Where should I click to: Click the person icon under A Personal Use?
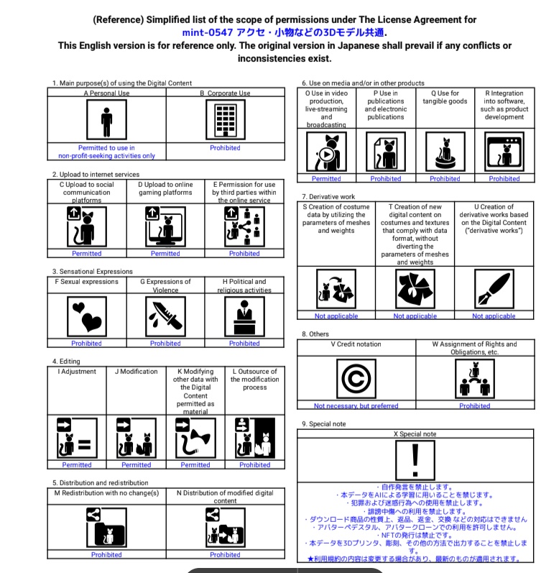point(106,119)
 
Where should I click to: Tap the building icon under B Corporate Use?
point(225,119)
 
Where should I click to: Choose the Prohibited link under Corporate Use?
point(225,148)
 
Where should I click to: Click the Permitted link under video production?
point(326,178)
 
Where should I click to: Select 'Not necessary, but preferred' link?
point(356,405)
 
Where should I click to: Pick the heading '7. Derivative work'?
point(328,196)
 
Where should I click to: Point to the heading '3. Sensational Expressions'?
point(92,271)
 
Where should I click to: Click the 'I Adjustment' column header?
point(77,372)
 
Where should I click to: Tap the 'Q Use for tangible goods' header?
point(445,97)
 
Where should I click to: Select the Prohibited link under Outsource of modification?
point(254,464)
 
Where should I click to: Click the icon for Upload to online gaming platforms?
point(165,226)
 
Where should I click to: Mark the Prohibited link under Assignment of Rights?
point(474,405)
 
